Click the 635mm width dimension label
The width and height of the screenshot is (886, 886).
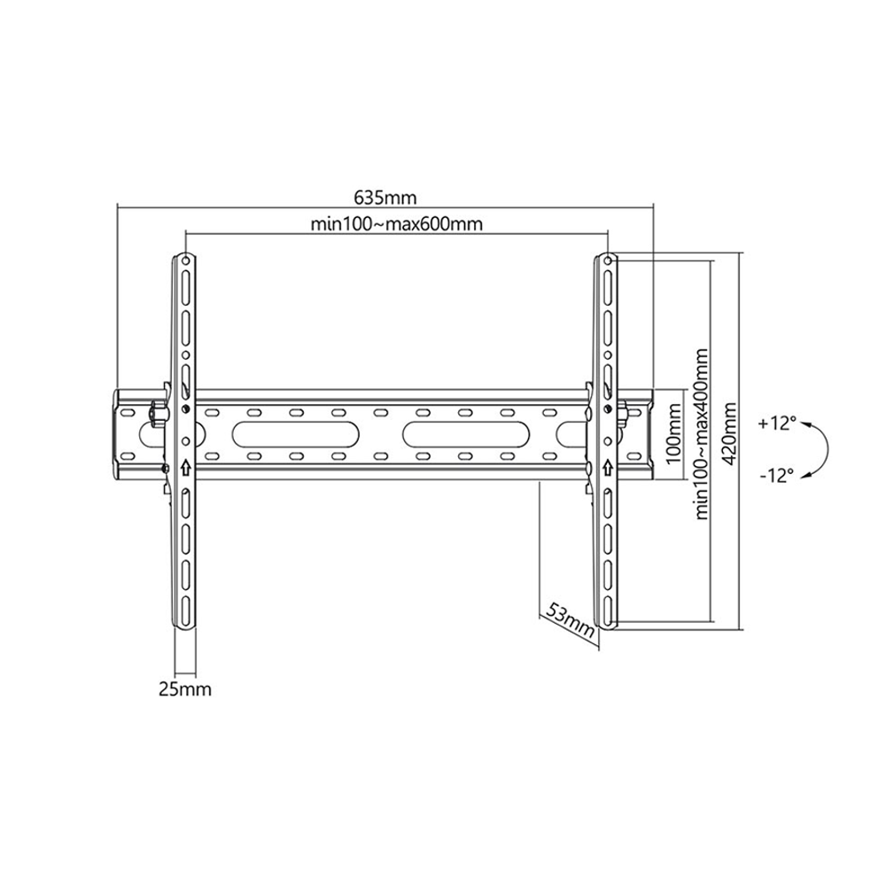click(385, 198)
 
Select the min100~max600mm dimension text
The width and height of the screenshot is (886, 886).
click(397, 224)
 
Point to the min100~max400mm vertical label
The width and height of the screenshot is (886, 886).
click(701, 433)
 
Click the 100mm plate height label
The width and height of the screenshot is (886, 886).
click(673, 433)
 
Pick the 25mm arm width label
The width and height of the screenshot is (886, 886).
click(185, 689)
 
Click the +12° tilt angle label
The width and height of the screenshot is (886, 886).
click(778, 424)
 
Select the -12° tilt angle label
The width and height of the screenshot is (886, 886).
click(777, 476)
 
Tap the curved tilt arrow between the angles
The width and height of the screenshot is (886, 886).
click(828, 449)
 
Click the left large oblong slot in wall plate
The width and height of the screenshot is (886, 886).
click(296, 434)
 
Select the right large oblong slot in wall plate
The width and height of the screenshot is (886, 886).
click(467, 434)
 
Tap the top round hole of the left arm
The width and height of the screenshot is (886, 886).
click(186, 261)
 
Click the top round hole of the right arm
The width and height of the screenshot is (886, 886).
click(608, 261)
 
